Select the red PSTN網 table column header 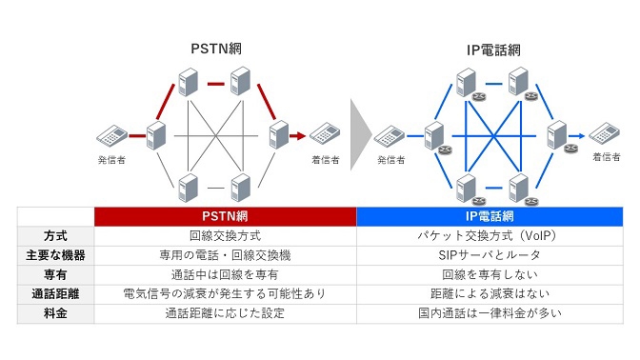[225, 216]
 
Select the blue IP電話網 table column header [489, 216]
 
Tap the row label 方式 [55, 235]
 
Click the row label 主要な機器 [55, 255]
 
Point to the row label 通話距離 [55, 294]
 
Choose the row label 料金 [55, 313]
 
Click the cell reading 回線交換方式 [225, 235]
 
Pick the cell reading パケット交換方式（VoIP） [489, 235]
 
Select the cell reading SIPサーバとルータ [489, 255]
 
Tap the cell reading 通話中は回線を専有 [225, 274]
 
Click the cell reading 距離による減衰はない [489, 294]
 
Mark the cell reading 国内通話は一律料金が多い [489, 313]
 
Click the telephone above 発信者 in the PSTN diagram [111, 136]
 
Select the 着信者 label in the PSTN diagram [327, 160]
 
